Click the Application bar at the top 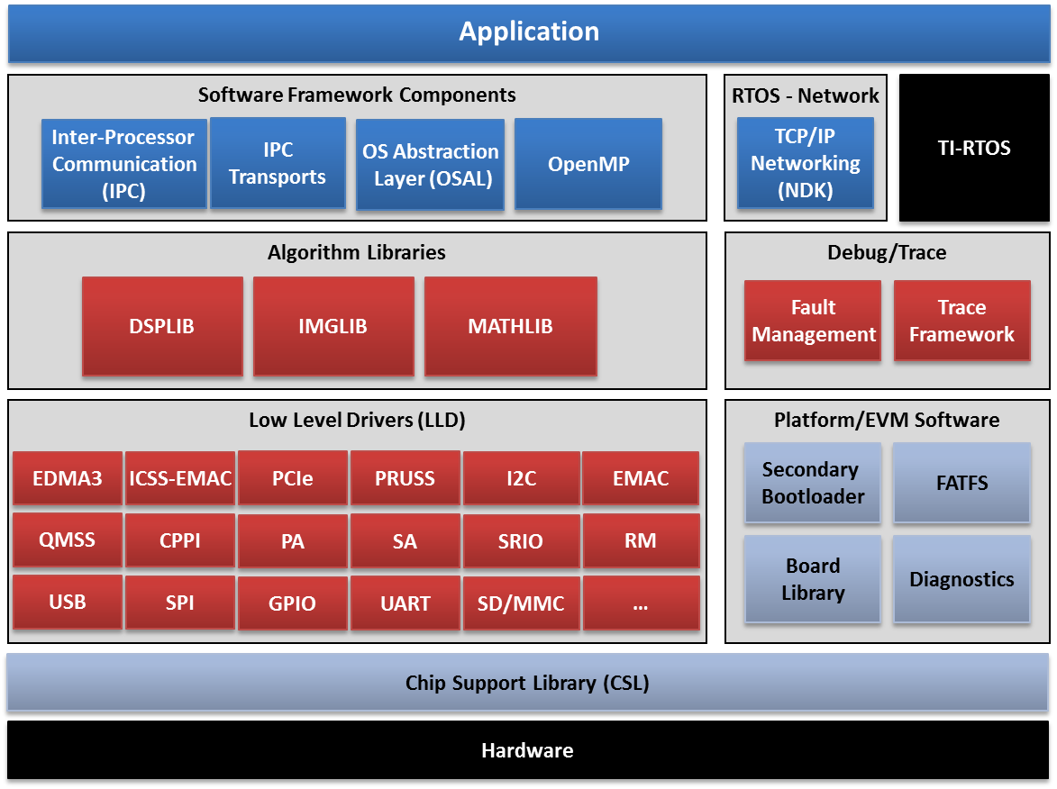(528, 32)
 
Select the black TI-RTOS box (974, 149)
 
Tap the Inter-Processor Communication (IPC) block (124, 164)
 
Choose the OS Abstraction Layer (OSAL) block (430, 165)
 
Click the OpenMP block (588, 165)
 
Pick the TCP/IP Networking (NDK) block (805, 163)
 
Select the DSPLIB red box (162, 326)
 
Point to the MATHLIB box (510, 326)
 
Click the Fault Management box (813, 321)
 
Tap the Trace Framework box (961, 321)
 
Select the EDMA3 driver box (68, 478)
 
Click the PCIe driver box (293, 478)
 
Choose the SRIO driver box (521, 541)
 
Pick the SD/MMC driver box (521, 603)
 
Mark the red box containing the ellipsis (641, 603)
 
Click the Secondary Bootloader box (813, 483)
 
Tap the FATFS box (961, 483)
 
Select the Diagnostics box (961, 579)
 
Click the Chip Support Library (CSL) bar (527, 683)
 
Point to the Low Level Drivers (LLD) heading (357, 420)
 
